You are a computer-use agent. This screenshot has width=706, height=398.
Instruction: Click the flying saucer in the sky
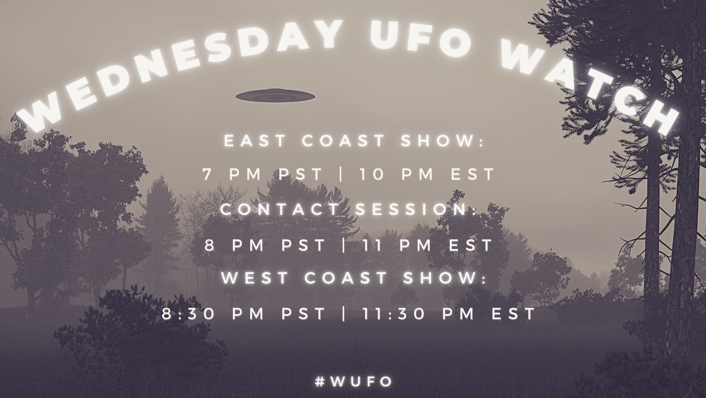[x=275, y=95]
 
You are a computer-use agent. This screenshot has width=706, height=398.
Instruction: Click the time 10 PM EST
[x=427, y=174]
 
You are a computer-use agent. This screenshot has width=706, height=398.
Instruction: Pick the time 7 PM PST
[x=263, y=174]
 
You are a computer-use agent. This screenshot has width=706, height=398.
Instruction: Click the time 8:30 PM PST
[x=244, y=314]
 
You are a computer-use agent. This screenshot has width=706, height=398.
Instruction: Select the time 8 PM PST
[x=265, y=245]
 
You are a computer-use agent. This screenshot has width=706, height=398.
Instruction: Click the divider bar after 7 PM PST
[x=341, y=174]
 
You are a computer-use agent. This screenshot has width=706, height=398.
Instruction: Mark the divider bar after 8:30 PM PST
[x=344, y=314]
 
